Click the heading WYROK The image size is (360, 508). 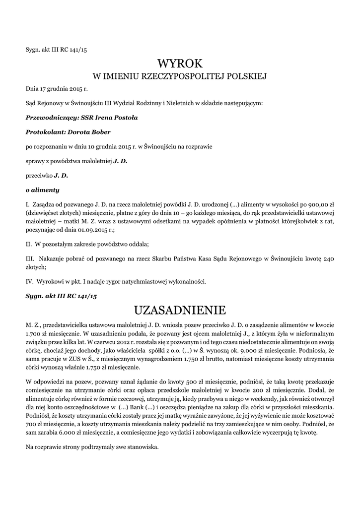click(x=180, y=63)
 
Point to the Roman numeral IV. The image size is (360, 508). click(x=29, y=282)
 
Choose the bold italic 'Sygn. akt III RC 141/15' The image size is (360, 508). click(x=61, y=296)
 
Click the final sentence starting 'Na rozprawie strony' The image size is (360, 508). click(x=92, y=447)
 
